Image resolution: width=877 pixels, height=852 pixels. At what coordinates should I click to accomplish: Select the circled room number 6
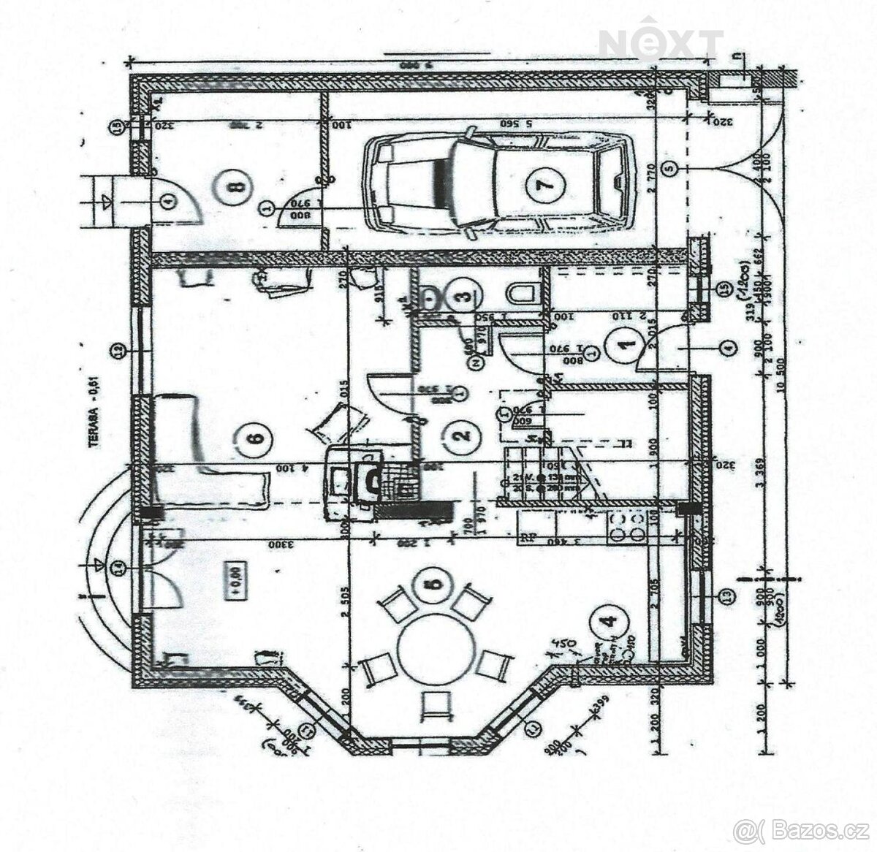254,438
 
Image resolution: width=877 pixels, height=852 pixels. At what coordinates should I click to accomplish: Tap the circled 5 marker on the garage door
670,168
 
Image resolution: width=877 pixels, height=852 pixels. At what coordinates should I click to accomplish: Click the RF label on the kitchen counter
526,540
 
